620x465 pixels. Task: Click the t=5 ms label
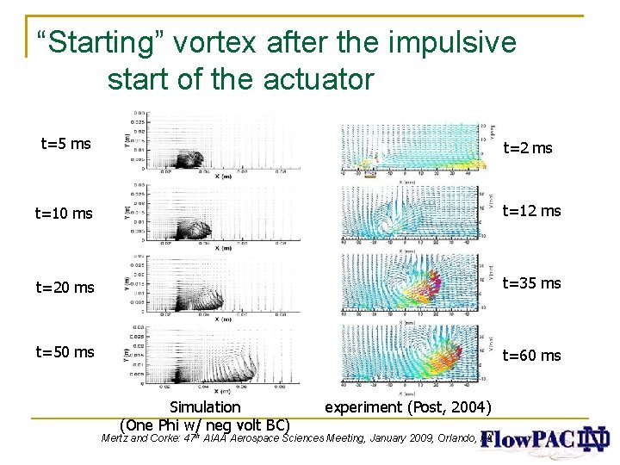[x=66, y=144]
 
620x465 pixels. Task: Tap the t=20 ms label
[x=65, y=288]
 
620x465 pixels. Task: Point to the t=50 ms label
[x=65, y=351]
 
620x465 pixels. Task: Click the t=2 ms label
[x=527, y=148]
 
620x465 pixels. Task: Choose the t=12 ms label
[x=531, y=211]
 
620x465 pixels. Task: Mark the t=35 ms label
[x=531, y=283]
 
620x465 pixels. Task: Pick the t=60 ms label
[x=531, y=356]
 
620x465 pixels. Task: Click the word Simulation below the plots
[x=205, y=407]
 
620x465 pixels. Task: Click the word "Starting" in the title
[x=96, y=43]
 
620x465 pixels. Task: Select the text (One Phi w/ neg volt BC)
[x=205, y=425]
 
